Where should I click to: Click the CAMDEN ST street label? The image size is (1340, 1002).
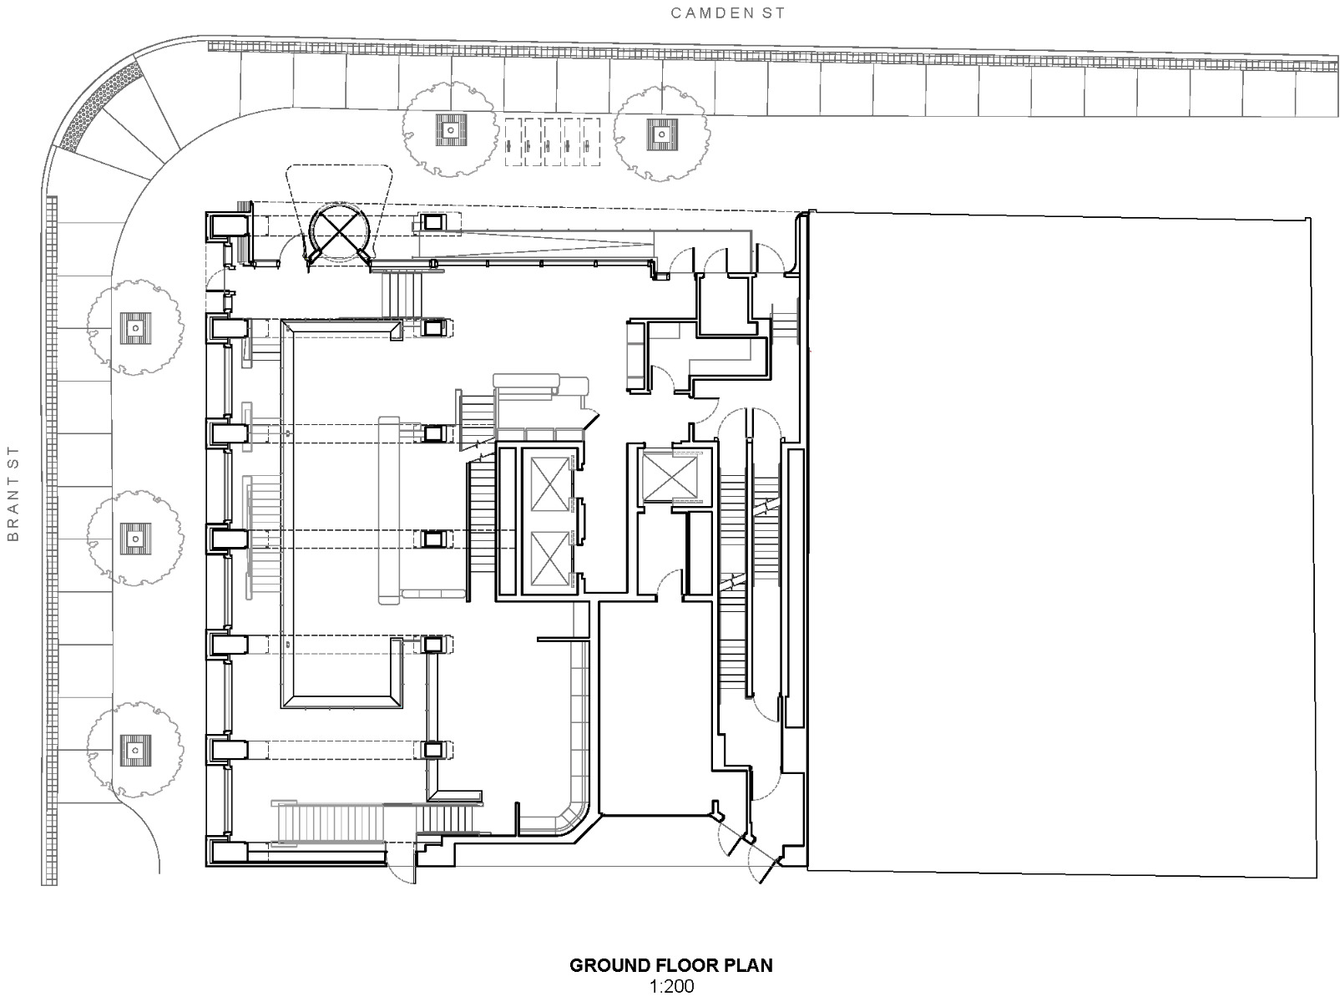[x=728, y=13]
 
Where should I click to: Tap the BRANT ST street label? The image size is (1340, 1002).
[x=13, y=493]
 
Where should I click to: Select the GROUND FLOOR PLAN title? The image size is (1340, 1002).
[x=670, y=966]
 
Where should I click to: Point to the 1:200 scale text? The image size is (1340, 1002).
[x=670, y=987]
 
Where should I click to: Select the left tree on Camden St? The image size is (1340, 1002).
[x=449, y=129]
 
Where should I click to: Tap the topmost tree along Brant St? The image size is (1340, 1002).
[x=134, y=327]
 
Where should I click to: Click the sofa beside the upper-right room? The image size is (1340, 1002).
[x=637, y=357]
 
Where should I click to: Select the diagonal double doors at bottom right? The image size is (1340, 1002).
[x=750, y=852]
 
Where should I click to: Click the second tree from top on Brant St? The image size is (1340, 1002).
[x=134, y=538]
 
